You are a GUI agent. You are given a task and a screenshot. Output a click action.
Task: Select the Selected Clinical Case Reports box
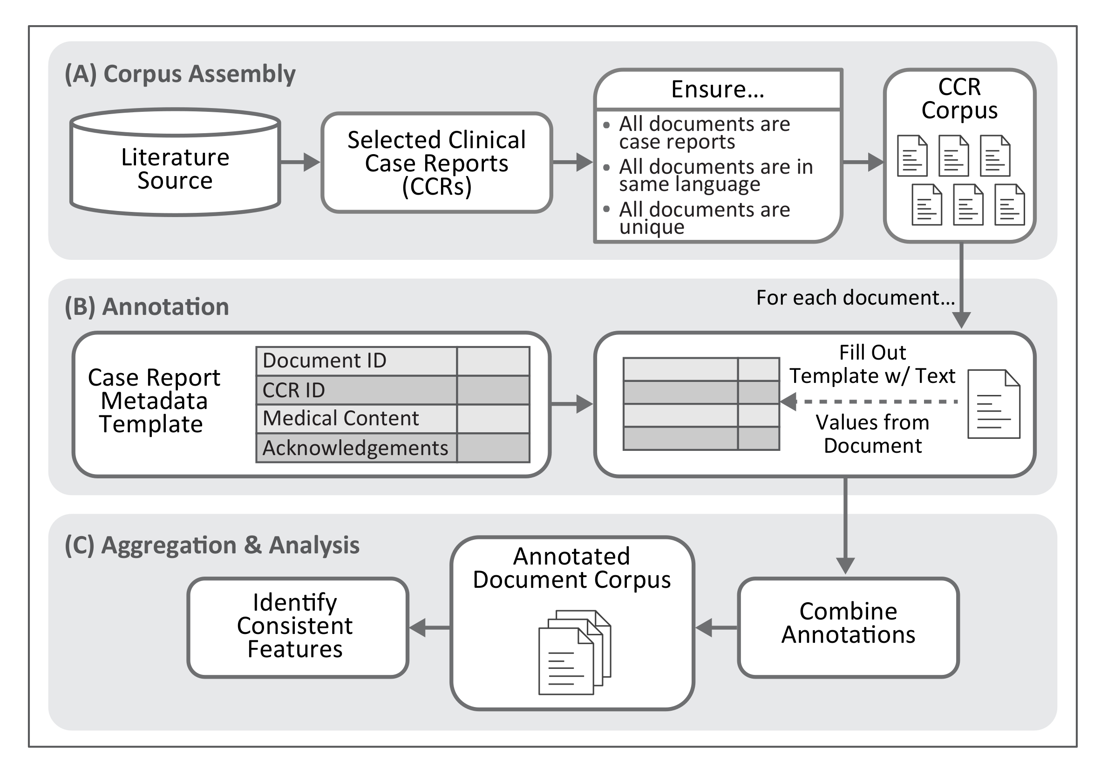tap(436, 163)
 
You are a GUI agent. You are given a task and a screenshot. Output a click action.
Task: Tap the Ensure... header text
tap(717, 89)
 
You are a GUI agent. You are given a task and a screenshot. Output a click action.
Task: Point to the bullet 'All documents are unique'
tap(704, 218)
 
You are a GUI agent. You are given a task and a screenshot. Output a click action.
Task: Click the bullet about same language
tap(715, 175)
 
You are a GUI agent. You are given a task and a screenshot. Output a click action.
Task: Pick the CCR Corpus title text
tap(959, 98)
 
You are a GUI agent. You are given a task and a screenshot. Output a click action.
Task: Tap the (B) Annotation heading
tap(147, 306)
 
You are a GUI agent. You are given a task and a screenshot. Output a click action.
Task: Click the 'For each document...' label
tap(855, 298)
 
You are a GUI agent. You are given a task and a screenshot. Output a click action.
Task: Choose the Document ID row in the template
tap(356, 361)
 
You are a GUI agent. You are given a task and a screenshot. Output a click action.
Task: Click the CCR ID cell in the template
tap(356, 390)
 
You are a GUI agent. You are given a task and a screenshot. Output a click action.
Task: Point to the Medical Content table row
tap(356, 419)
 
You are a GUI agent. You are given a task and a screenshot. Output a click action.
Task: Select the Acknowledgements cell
tap(356, 448)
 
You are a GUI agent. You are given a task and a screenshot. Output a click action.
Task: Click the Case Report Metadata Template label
tap(154, 401)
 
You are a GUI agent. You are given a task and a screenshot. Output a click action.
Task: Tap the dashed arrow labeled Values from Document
tap(869, 401)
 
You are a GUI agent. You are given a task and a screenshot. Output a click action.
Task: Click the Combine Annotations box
tap(848, 623)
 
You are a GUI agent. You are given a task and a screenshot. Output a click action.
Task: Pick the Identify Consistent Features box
tap(295, 626)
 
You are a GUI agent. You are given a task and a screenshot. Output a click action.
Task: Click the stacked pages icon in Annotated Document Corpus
tap(574, 652)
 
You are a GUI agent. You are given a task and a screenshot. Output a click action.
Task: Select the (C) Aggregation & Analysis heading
tap(212, 545)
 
